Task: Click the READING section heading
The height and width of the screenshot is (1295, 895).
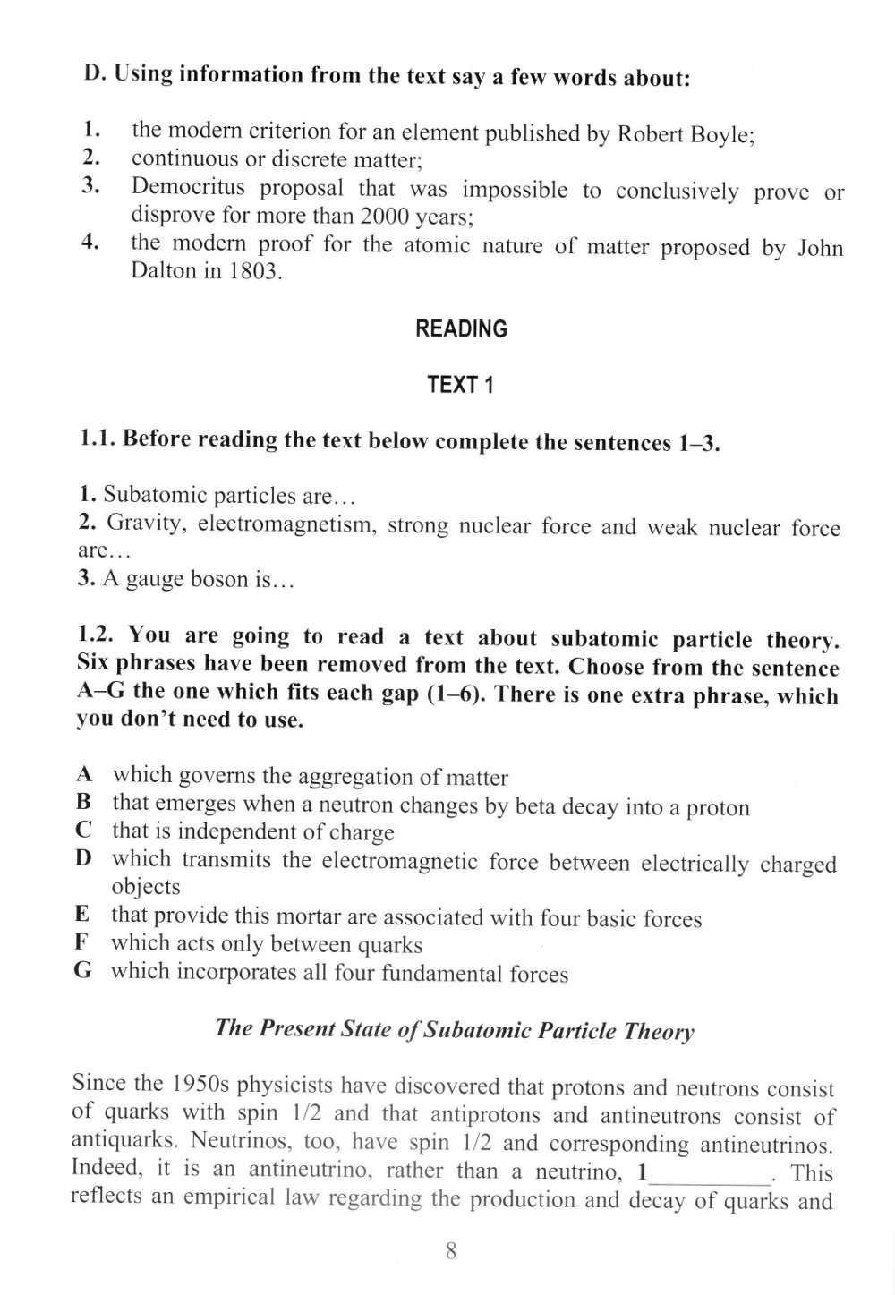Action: point(461,329)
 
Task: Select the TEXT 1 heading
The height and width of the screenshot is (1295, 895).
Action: point(460,385)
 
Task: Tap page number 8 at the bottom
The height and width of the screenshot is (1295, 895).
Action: point(451,1251)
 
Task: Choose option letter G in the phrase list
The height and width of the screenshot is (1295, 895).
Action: point(83,971)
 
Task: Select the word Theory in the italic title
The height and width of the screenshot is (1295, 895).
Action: point(660,1031)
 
